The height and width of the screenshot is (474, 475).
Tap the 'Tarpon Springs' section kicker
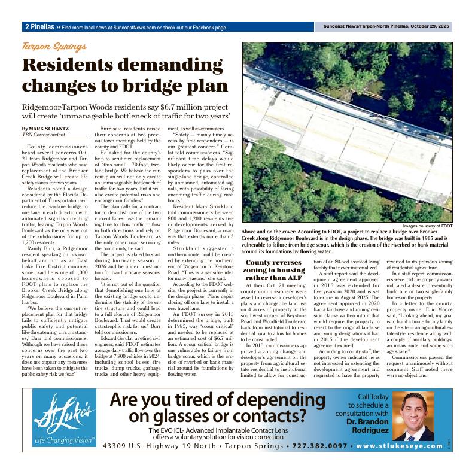(54, 47)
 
